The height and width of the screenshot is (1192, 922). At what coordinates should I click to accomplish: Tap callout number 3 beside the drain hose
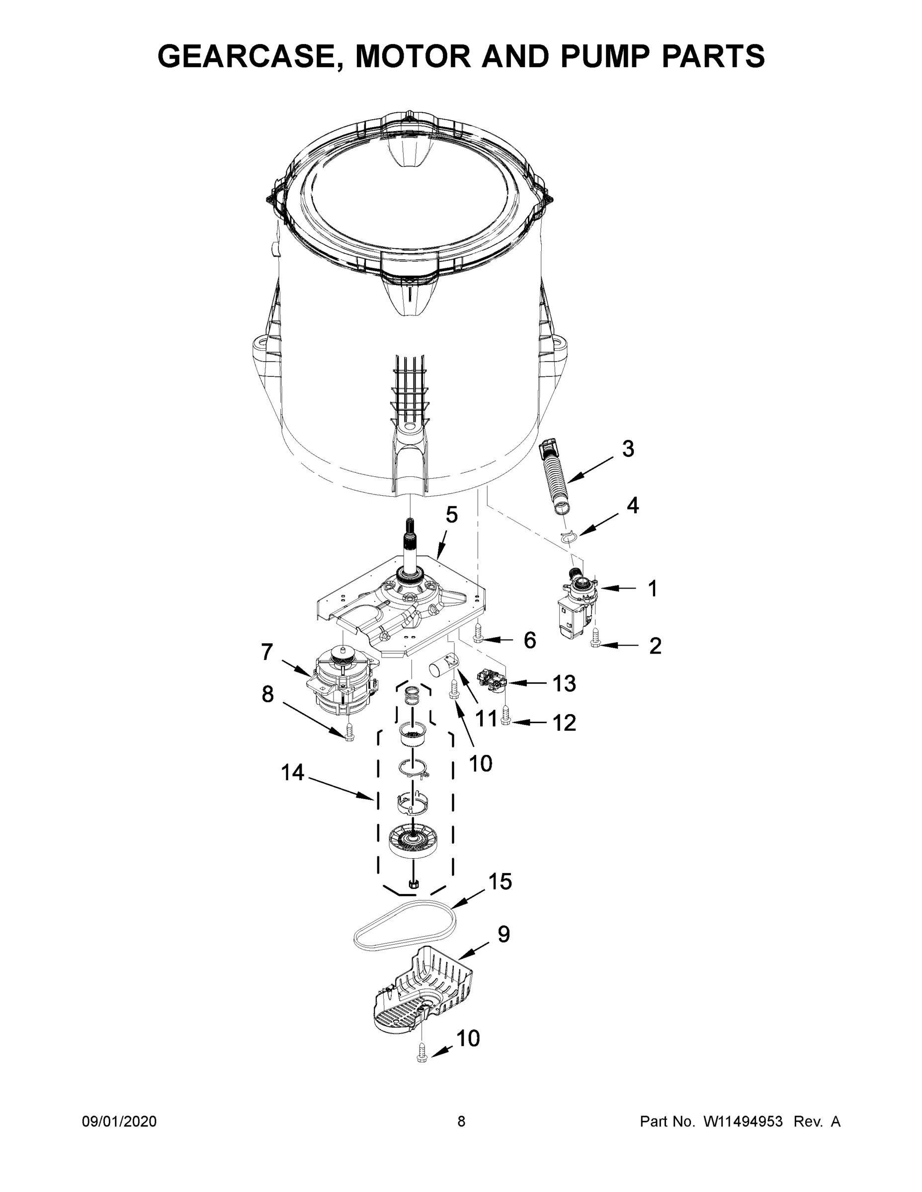click(x=628, y=448)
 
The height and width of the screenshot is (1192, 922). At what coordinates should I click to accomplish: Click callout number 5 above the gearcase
click(x=451, y=514)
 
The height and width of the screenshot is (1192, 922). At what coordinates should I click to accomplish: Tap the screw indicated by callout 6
click(x=479, y=633)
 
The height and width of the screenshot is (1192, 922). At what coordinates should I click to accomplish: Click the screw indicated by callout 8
click(x=349, y=733)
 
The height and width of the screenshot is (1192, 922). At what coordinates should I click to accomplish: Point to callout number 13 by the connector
click(x=564, y=683)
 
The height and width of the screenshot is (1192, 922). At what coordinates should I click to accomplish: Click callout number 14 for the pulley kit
click(x=292, y=772)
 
